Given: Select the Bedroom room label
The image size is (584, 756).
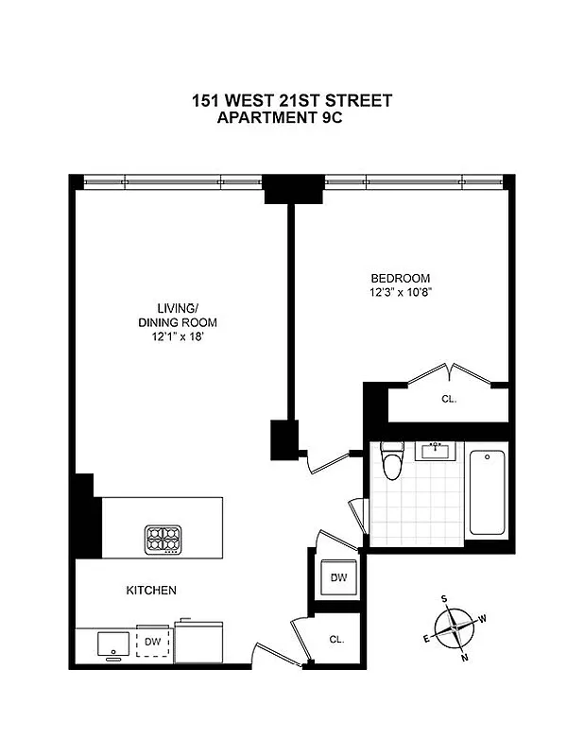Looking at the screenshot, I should [400, 278].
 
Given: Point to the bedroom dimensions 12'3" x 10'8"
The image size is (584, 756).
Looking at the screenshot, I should [400, 292].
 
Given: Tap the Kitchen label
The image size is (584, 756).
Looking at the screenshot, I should [151, 591].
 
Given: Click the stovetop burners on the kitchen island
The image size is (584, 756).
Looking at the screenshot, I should [163, 539].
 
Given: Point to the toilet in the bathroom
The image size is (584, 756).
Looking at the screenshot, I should [390, 462].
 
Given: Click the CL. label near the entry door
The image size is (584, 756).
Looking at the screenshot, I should [336, 639].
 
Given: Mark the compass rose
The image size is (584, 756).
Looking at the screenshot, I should [455, 627].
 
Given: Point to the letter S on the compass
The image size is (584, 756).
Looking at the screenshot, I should [445, 598].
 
